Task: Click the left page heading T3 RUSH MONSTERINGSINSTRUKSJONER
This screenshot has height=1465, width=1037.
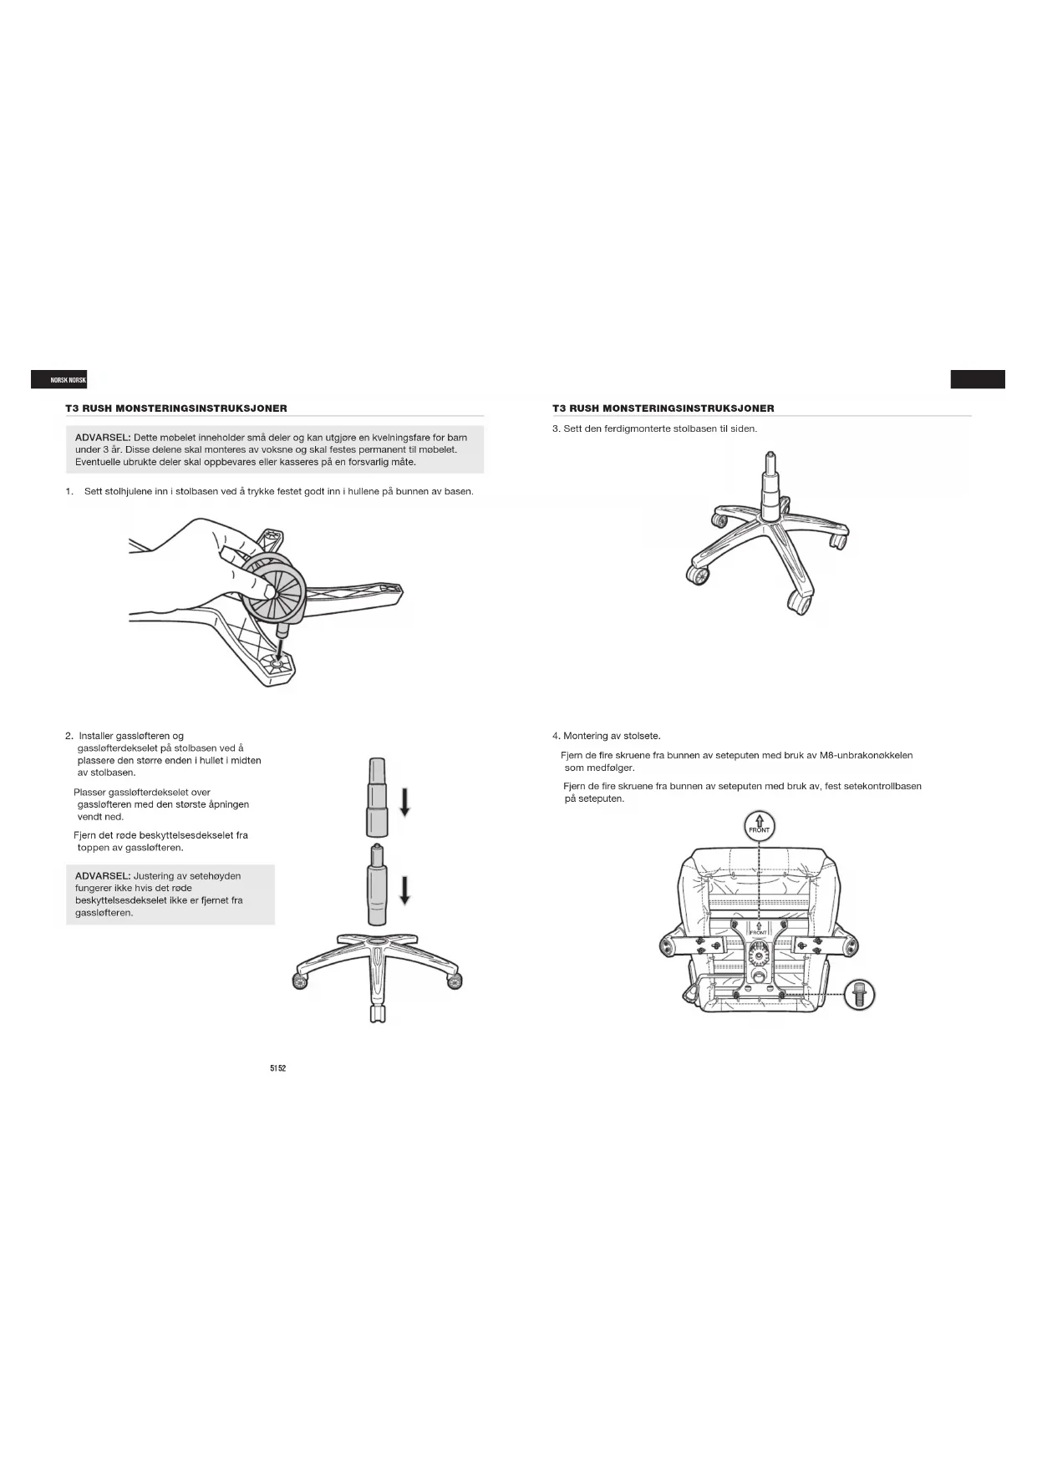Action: point(176,408)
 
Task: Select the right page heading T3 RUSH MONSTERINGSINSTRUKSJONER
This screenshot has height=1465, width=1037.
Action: point(663,408)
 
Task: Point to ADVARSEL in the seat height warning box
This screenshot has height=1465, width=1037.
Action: point(103,876)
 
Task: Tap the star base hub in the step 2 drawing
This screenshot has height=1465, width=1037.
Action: point(376,944)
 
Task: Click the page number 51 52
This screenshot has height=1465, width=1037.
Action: point(277,1069)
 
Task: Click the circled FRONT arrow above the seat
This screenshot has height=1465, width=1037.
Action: point(759,827)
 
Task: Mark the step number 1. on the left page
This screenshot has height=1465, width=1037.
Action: point(69,491)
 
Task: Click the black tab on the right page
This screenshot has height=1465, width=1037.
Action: point(977,380)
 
